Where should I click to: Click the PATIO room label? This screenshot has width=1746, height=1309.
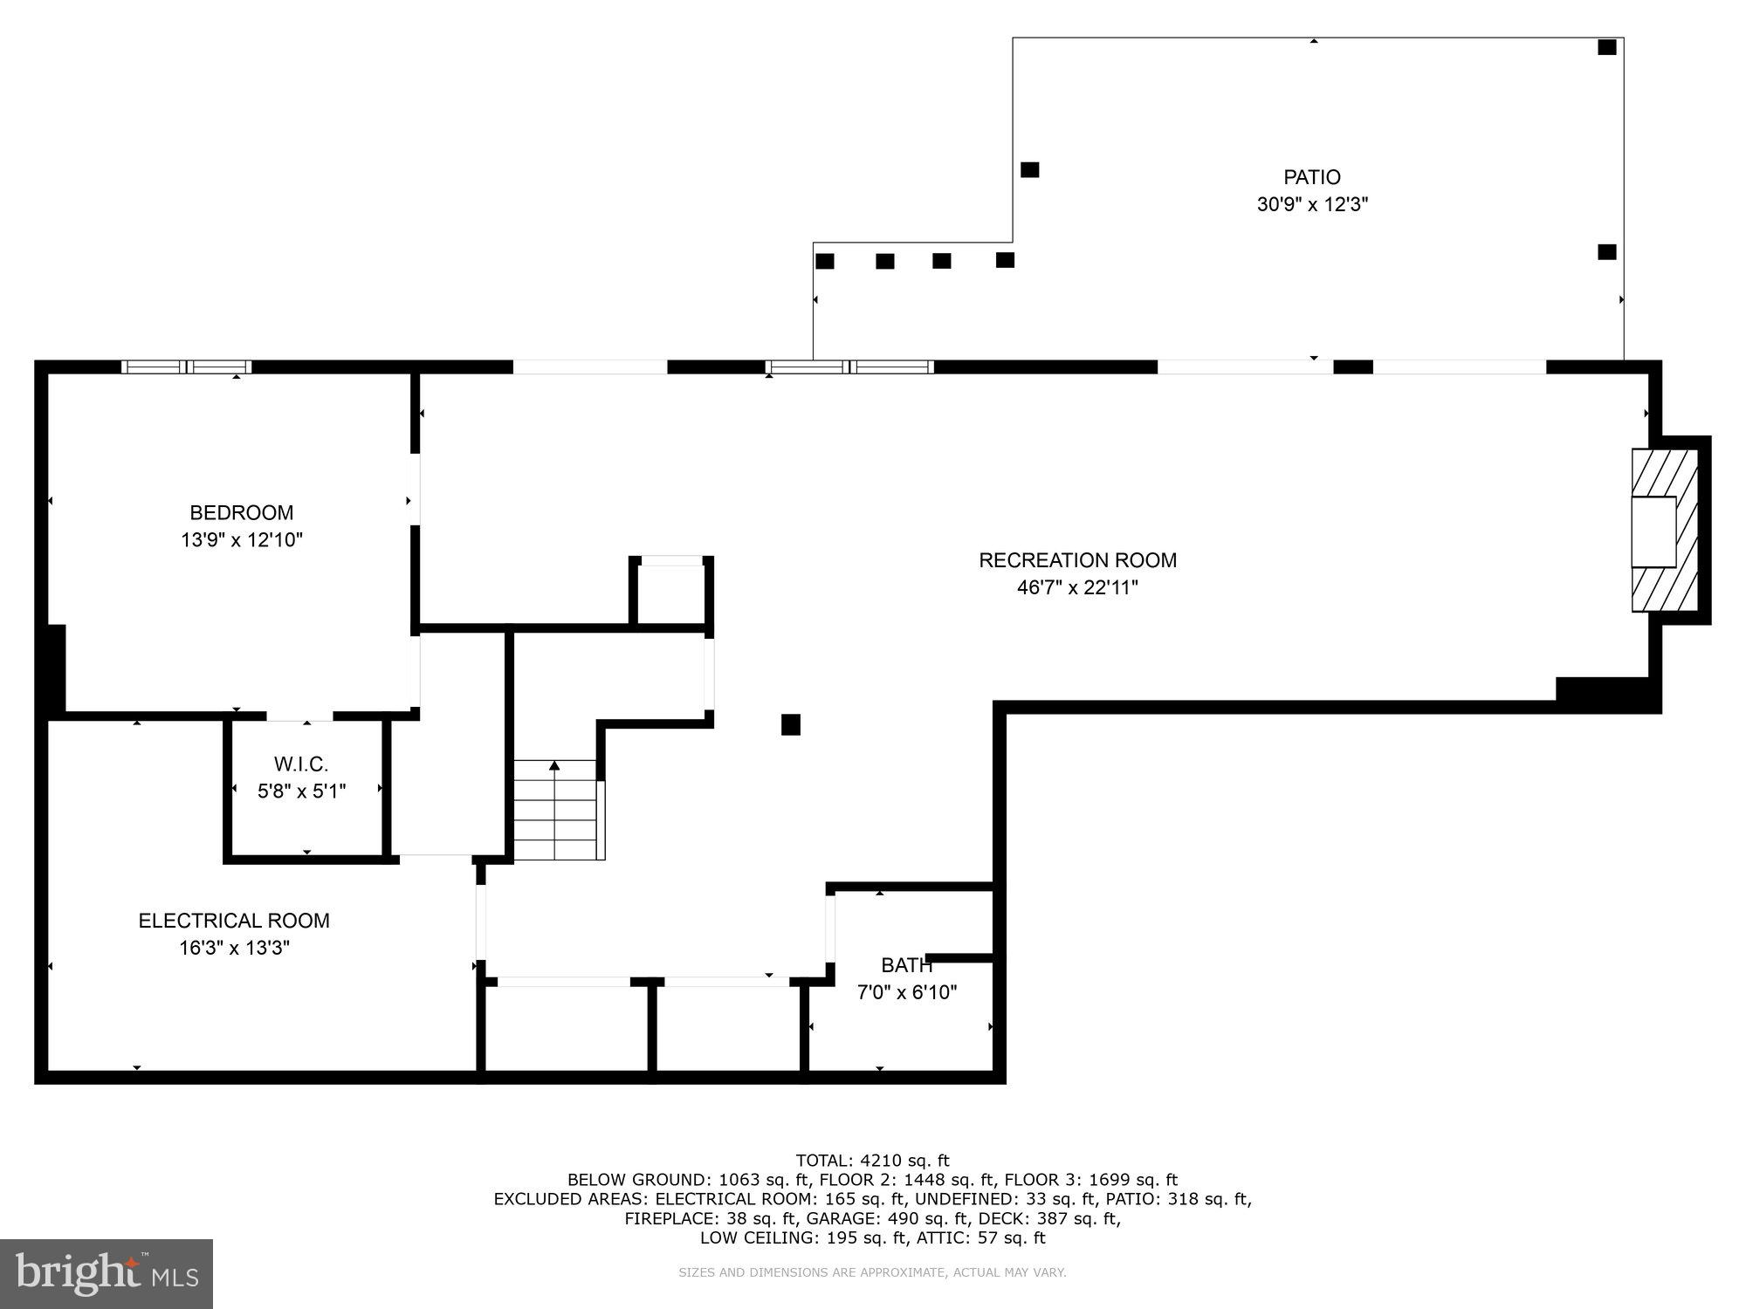coord(1311,177)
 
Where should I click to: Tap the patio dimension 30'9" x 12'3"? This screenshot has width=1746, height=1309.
coord(1311,205)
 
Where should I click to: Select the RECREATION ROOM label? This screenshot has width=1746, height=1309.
coord(1077,560)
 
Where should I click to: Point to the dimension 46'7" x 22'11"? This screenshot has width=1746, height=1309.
coord(1077,587)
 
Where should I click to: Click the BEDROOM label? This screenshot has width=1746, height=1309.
coord(242,512)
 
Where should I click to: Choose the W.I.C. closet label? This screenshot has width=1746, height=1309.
coord(301,764)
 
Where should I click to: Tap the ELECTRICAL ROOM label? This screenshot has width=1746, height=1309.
coord(234,921)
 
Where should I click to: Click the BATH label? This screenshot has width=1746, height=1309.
coord(906,965)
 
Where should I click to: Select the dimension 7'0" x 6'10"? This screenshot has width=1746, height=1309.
coord(906,992)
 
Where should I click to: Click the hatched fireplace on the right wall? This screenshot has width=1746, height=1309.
coord(1664,531)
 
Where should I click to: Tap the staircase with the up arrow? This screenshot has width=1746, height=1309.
coord(555,810)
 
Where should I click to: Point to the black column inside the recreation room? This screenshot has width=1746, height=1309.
coord(791,724)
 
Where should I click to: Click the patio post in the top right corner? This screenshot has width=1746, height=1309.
coord(1606,48)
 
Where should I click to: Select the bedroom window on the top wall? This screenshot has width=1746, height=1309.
coord(187,367)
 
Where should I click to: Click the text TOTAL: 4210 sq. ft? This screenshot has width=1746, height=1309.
coord(872,1161)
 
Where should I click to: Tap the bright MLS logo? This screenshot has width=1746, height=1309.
coord(107,1274)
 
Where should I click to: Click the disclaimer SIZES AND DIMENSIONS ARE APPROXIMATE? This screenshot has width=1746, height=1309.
coord(872,1273)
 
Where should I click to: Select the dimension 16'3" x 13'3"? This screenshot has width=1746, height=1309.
coord(234,948)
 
